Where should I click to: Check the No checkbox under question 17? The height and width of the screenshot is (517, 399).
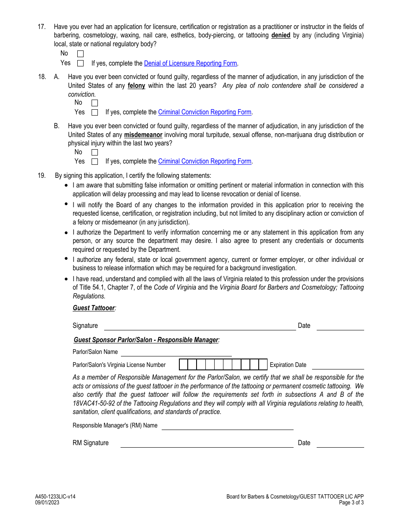(x=80, y=54)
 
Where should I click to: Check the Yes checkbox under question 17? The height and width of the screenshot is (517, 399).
(x=80, y=63)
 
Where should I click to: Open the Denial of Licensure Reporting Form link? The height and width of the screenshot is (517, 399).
(x=190, y=63)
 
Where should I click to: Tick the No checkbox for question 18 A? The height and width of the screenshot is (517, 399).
(x=94, y=103)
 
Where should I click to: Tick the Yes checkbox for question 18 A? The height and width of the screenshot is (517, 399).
(x=94, y=113)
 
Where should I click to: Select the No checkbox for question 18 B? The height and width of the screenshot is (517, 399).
(x=94, y=153)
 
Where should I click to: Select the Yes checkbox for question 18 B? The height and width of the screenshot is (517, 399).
(x=94, y=162)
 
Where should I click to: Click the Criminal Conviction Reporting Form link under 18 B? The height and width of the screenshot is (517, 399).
(x=205, y=161)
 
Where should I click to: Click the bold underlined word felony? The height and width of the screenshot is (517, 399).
(x=136, y=86)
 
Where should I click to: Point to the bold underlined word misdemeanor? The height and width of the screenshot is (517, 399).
(x=143, y=135)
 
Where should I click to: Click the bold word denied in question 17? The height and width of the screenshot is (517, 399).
(x=281, y=35)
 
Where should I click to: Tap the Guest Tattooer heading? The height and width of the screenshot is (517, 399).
(x=94, y=308)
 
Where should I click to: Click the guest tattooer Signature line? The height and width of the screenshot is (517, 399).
(x=200, y=327)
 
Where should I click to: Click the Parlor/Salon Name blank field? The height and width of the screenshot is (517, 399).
(x=176, y=352)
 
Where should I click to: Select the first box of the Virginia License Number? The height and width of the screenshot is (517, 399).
(x=184, y=364)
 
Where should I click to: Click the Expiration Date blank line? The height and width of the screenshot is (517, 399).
(x=338, y=365)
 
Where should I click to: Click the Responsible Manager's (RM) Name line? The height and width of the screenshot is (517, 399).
(x=227, y=426)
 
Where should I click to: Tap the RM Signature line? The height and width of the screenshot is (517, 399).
(x=207, y=443)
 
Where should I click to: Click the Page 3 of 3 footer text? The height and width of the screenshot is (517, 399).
(x=352, y=503)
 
